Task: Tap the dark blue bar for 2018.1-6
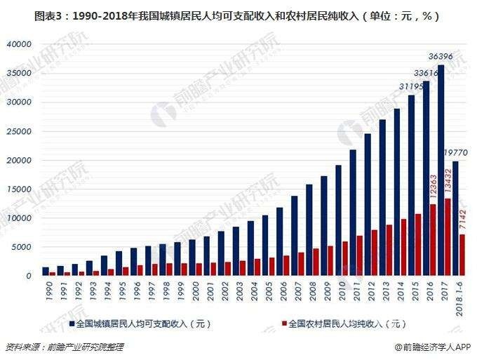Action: pos(455,218)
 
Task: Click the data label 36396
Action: pos(441,55)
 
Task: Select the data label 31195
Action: pos(411,86)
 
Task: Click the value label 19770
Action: pos(457,152)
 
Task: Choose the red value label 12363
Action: pos(433,189)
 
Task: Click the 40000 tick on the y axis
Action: pos(19,44)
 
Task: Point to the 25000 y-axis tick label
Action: pos(19,131)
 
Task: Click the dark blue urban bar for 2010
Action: pos(338,220)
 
